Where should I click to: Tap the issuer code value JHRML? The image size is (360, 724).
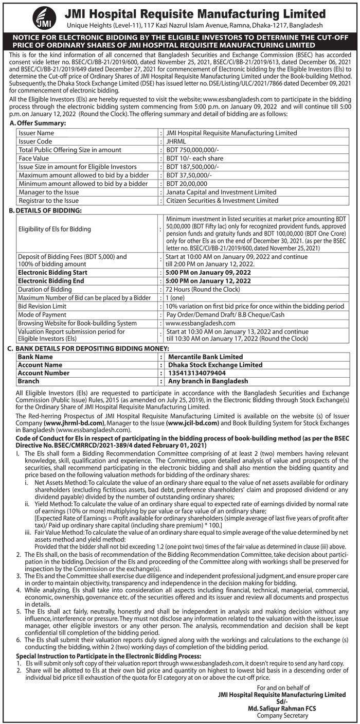177,141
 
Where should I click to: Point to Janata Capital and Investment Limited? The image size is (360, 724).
221,192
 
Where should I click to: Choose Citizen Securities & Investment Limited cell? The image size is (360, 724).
222,200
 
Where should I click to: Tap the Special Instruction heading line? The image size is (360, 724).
109,656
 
